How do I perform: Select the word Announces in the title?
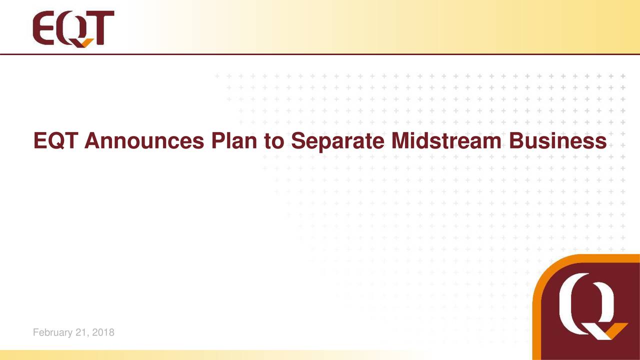click(x=144, y=141)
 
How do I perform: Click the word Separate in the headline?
click(x=337, y=141)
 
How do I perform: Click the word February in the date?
click(x=51, y=332)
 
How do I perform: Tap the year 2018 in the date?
click(x=103, y=332)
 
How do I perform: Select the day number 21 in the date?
click(x=81, y=332)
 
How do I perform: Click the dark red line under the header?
click(x=320, y=53)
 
